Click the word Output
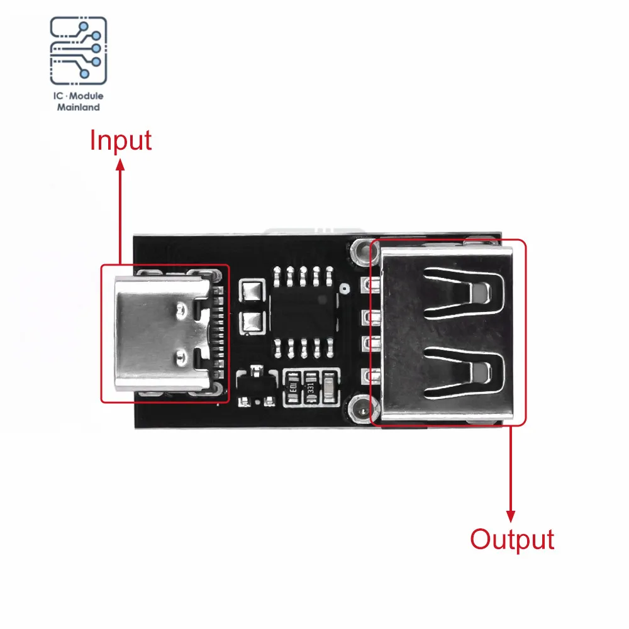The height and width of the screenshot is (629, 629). [513, 540]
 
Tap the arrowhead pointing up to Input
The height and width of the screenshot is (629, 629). [120, 165]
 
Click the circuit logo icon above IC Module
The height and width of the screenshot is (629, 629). [79, 51]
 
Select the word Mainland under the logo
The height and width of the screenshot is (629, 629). [79, 107]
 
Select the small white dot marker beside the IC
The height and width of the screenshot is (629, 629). [344, 290]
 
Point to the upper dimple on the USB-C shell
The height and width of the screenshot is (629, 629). [181, 308]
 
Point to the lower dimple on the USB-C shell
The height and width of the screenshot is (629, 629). [181, 356]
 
